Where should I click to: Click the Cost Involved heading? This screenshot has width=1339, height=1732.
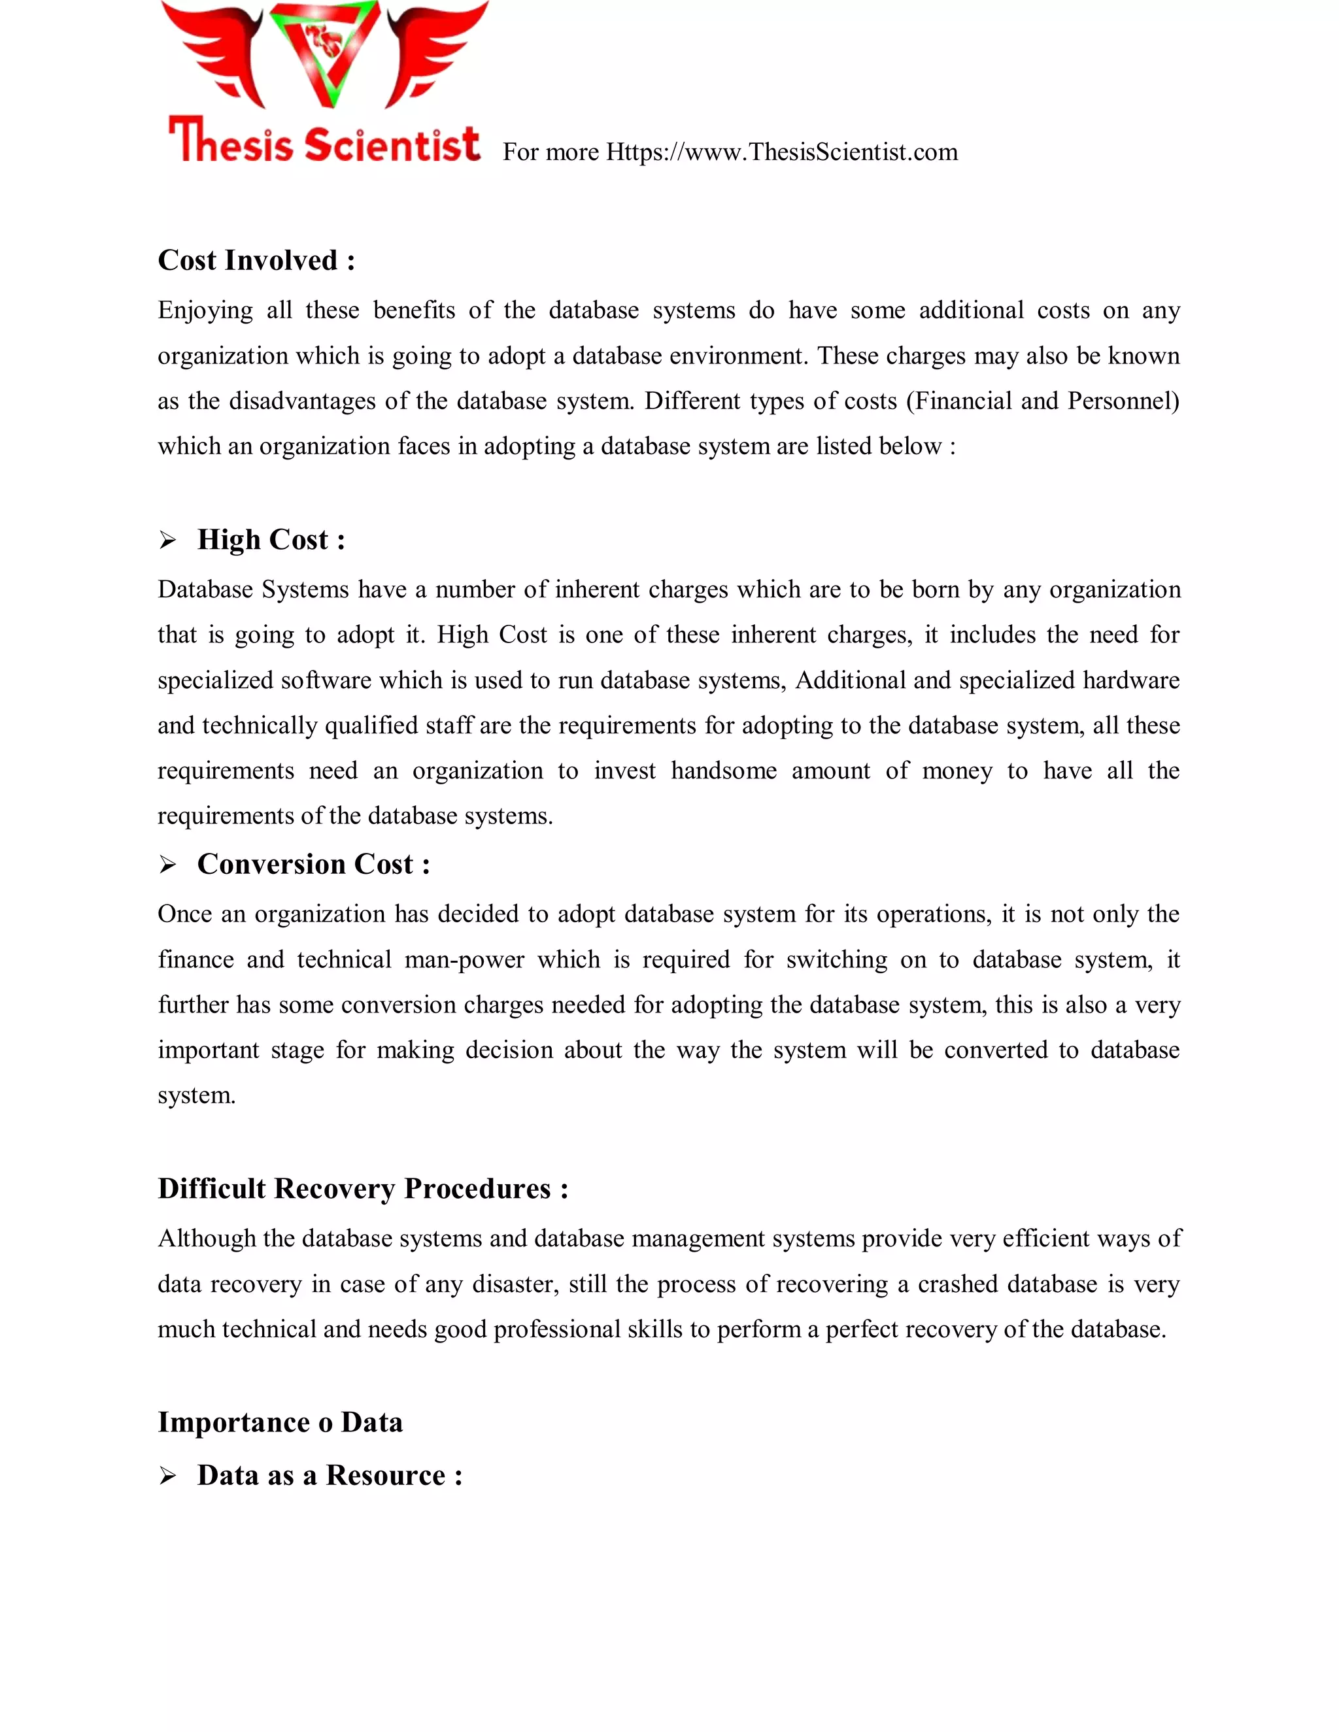(256, 260)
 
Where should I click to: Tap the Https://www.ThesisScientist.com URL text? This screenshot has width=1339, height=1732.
(781, 152)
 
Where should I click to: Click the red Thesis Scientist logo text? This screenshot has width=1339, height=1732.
(324, 142)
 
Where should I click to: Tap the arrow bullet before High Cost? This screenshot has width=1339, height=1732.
(167, 541)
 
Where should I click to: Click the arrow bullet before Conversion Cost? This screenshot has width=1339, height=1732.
(167, 865)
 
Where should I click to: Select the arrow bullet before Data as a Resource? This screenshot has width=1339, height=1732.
(167, 1476)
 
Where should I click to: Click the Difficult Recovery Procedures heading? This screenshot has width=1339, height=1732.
(362, 1189)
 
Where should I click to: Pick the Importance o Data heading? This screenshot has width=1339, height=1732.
(280, 1423)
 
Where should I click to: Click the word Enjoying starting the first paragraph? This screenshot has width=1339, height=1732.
(205, 310)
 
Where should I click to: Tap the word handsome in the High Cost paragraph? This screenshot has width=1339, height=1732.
(724, 771)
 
